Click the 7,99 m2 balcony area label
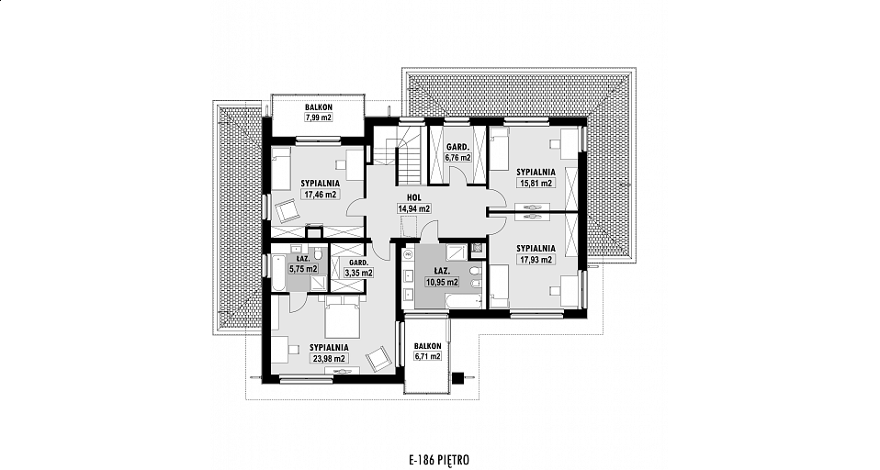tap(319, 117)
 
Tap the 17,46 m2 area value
tap(321, 195)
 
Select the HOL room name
tap(414, 198)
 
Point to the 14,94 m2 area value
tap(414, 208)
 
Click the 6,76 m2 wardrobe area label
tap(458, 158)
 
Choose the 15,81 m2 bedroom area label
tap(536, 183)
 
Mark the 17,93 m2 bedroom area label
tap(536, 260)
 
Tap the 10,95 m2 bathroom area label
tap(442, 282)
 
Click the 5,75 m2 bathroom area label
tap(303, 269)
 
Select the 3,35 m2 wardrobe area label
tap(358, 274)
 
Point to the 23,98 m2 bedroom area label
tap(329, 359)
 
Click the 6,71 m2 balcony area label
tap(428, 357)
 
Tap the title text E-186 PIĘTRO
tap(439, 461)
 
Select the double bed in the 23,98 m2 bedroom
tap(343, 314)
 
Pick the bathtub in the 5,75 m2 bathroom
tap(279, 273)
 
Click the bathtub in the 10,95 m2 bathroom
tap(464, 301)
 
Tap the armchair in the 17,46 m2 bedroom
tap(289, 209)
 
